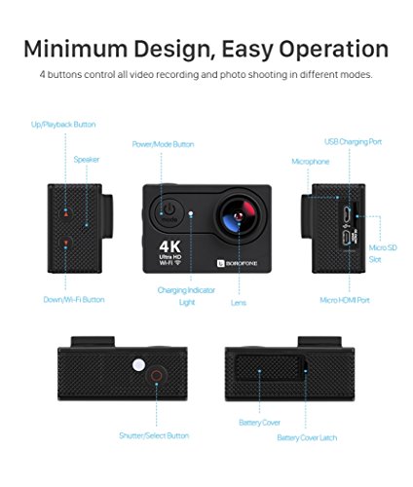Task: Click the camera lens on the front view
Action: tap(240, 216)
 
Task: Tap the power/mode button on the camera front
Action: tap(169, 212)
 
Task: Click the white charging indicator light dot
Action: tap(191, 213)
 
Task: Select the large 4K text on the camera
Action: tap(170, 246)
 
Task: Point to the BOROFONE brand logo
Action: tap(237, 263)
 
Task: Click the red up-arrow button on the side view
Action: tap(66, 213)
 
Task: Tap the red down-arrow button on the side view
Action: tap(66, 243)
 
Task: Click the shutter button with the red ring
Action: tap(157, 376)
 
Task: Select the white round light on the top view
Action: tap(138, 364)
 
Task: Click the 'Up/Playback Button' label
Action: tap(63, 125)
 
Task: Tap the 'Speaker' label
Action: tap(87, 160)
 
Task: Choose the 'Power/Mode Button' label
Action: tap(163, 144)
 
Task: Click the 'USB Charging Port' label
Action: tap(353, 142)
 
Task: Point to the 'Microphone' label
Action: tap(311, 162)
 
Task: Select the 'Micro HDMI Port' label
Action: tap(345, 300)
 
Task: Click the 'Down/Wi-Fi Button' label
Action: tap(74, 299)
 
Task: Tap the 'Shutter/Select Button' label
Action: tap(154, 435)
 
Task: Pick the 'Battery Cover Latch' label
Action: tap(307, 437)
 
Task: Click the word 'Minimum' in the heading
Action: tap(76, 49)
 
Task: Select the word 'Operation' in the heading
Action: tap(334, 50)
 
